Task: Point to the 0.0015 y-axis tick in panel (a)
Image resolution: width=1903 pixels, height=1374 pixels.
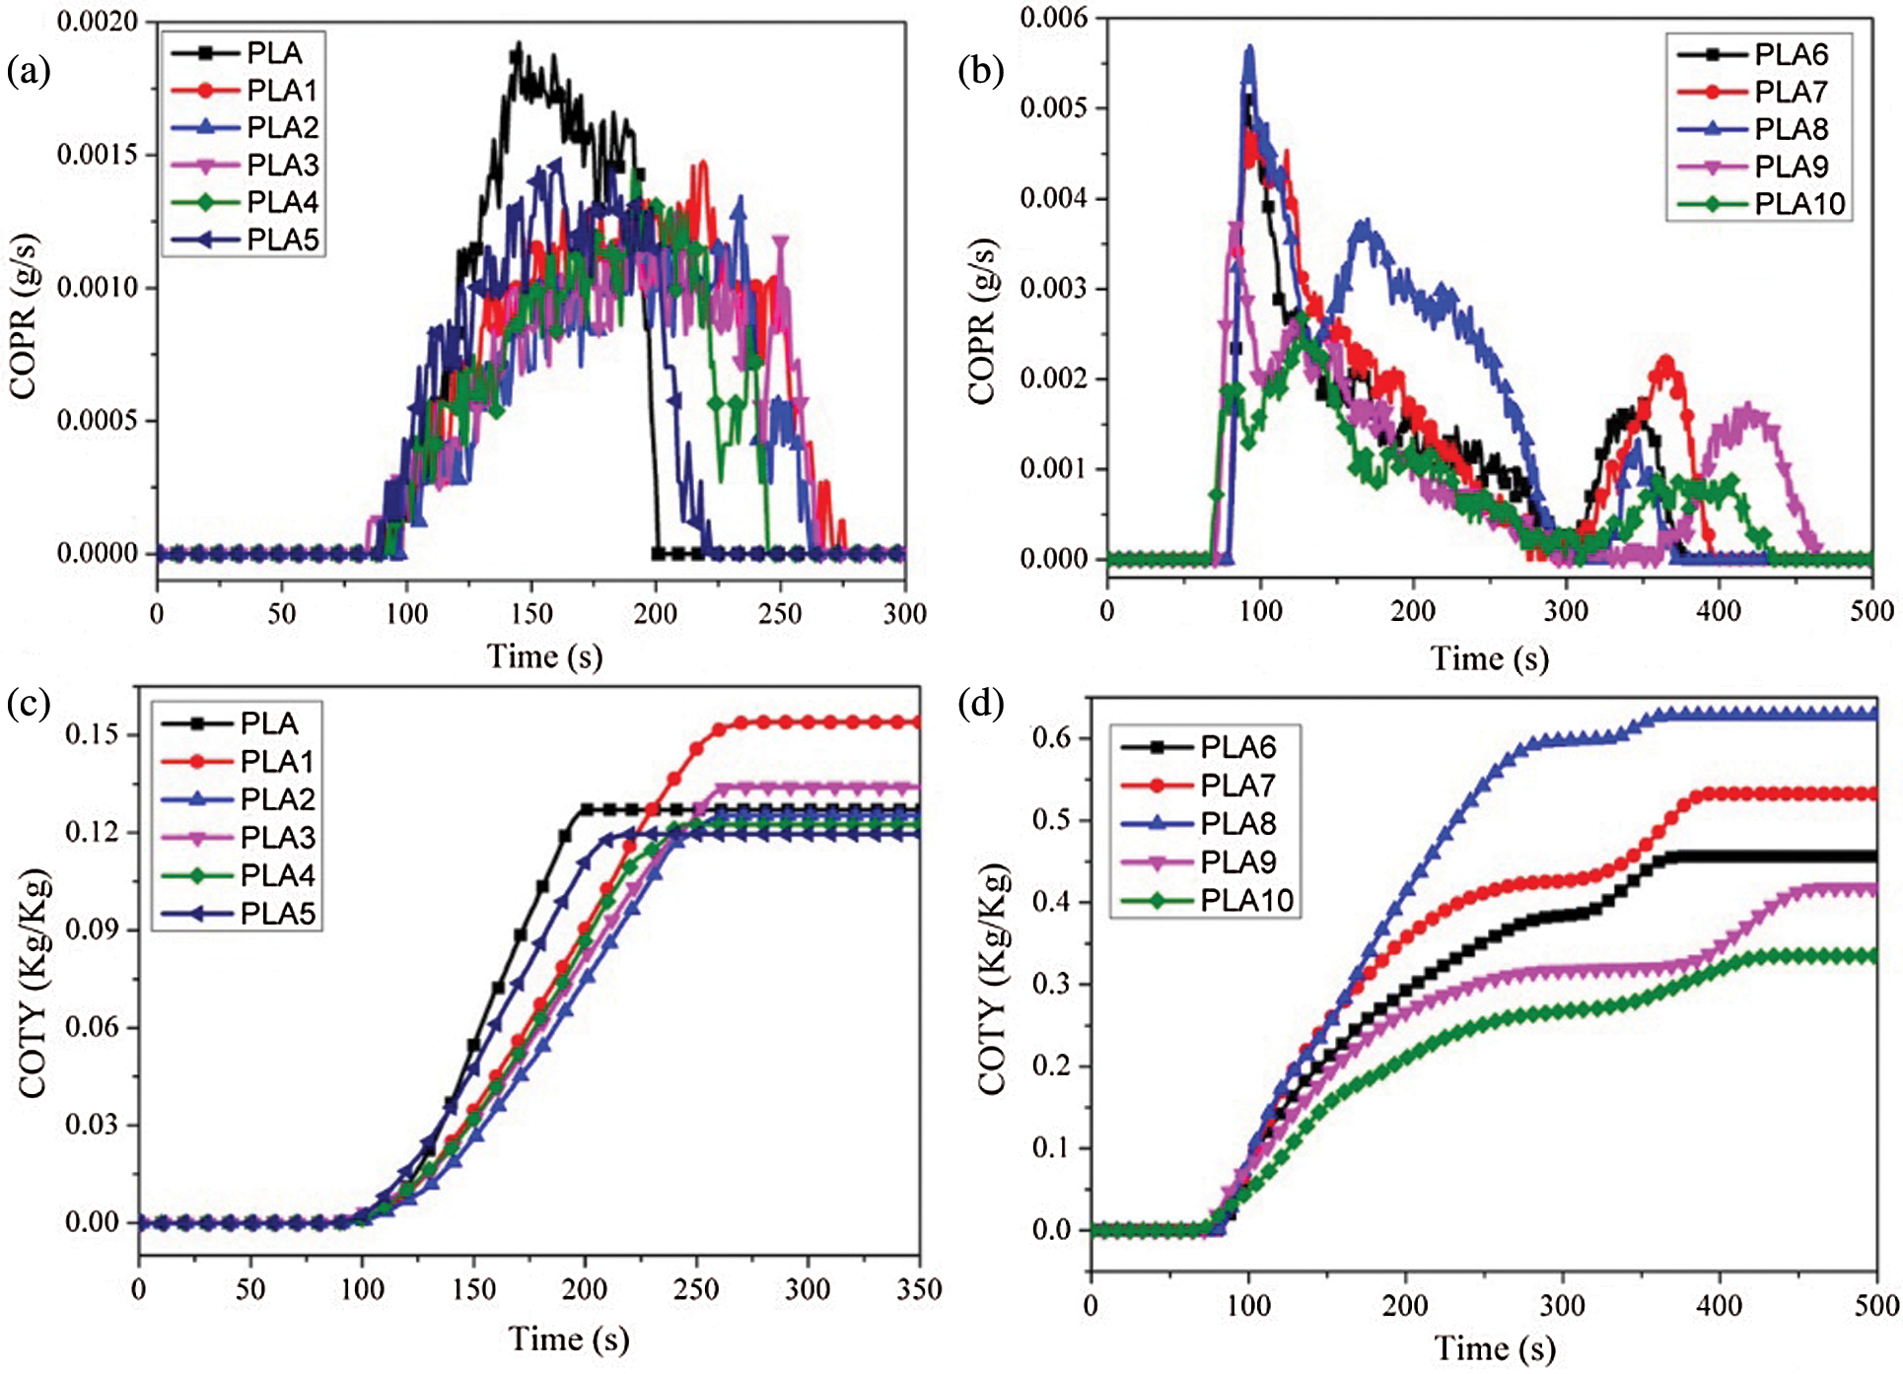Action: (x=96, y=155)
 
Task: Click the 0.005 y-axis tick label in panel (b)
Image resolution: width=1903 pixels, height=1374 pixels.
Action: (x=1053, y=107)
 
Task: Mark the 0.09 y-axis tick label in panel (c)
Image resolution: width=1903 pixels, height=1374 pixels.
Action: (x=92, y=929)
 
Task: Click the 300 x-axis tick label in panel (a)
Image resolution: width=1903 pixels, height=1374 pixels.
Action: (x=904, y=614)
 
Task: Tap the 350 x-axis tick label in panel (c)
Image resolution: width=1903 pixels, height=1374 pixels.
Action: (x=919, y=1289)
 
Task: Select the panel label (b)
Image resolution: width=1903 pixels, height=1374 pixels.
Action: (x=980, y=71)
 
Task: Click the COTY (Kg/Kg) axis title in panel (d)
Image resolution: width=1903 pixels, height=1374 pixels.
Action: (x=991, y=980)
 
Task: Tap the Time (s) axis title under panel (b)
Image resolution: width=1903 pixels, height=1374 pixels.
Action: (x=1489, y=657)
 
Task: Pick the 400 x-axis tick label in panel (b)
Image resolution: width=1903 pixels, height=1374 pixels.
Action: (x=1719, y=611)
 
